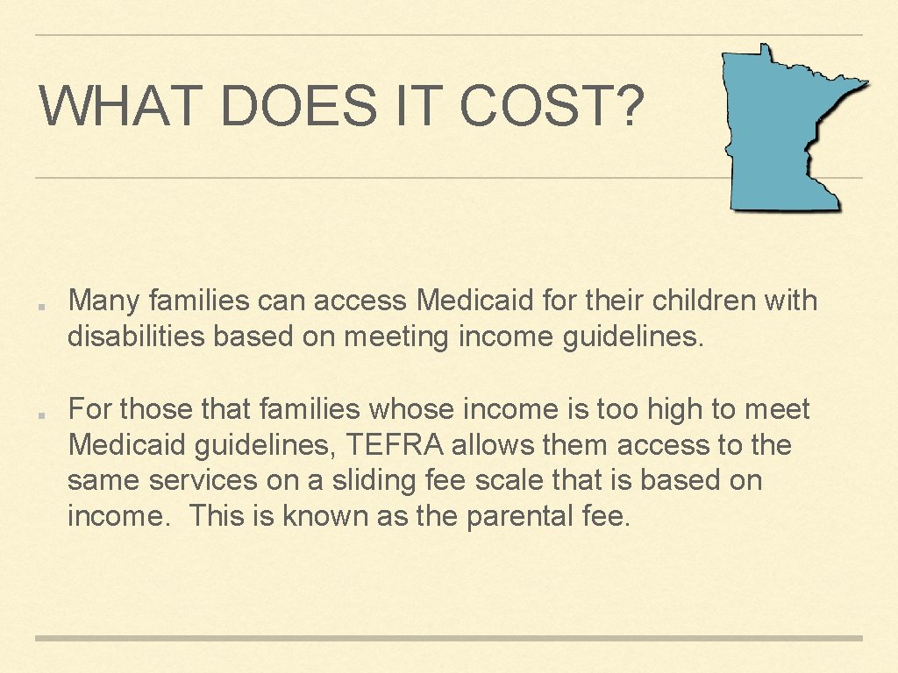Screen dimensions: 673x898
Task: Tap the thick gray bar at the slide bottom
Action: pyautogui.click(x=449, y=638)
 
